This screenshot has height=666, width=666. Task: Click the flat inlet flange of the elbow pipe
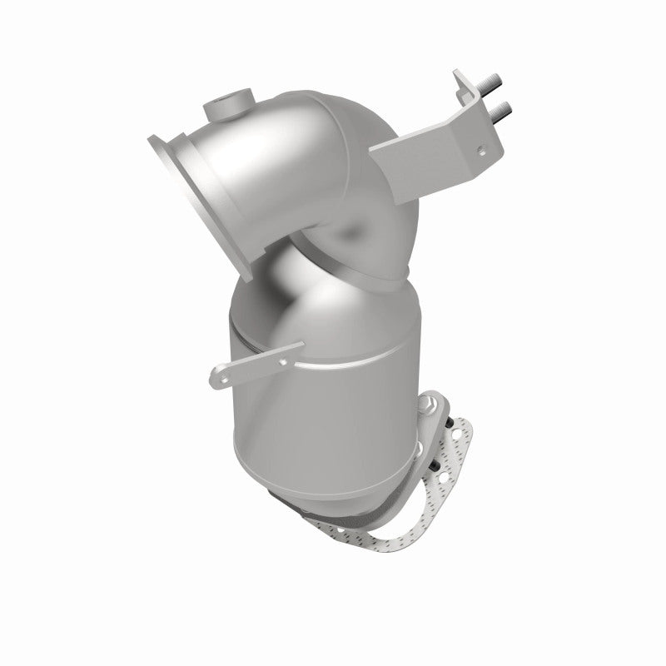point(200,200)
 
